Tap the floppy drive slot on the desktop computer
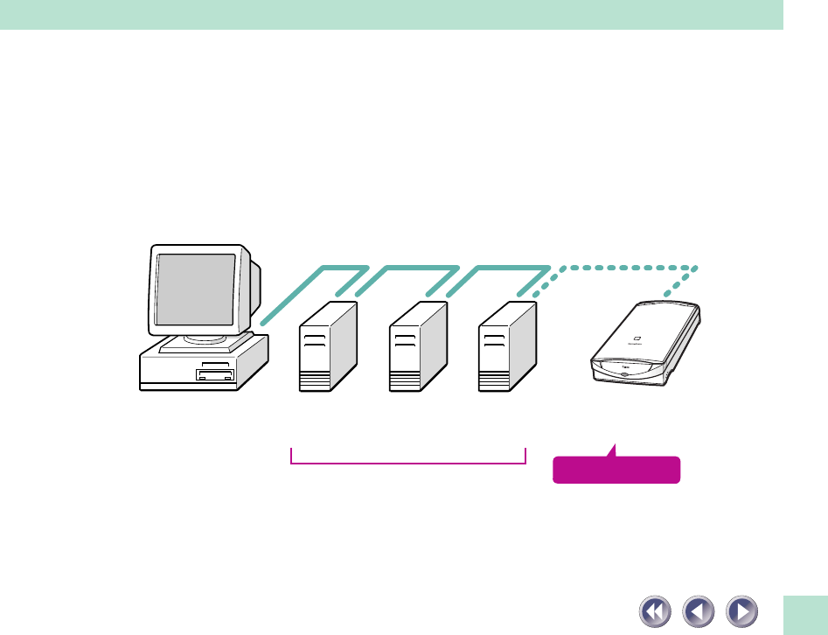(x=215, y=376)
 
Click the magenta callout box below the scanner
(x=616, y=471)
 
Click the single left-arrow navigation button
(x=698, y=610)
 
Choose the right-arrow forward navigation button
(x=741, y=610)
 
